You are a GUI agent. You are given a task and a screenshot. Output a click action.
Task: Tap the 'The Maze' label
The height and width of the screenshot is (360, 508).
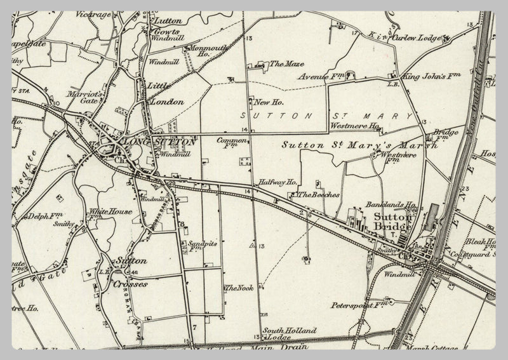pyautogui.click(x=283, y=63)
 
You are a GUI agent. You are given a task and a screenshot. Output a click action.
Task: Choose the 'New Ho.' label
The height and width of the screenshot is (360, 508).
pyautogui.click(x=268, y=102)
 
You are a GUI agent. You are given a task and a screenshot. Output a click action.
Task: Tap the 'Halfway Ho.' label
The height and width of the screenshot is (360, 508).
pyautogui.click(x=282, y=182)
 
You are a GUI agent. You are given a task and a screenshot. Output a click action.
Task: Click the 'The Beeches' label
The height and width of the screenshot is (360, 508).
pyautogui.click(x=319, y=195)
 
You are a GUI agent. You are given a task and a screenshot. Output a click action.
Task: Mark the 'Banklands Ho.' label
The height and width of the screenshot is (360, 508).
pyautogui.click(x=391, y=206)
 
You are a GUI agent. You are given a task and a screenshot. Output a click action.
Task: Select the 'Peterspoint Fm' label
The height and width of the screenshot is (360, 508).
pyautogui.click(x=354, y=305)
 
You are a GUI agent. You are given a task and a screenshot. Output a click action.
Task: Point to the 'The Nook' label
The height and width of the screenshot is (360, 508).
pyautogui.click(x=239, y=288)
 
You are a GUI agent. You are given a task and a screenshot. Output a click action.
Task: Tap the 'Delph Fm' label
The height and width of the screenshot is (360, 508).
pyautogui.click(x=43, y=217)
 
